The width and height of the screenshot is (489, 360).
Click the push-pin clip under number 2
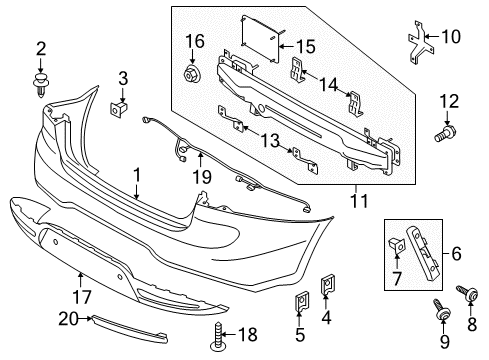[x=41, y=86]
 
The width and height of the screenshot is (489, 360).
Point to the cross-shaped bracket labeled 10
[x=421, y=42]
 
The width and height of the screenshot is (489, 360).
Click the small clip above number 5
[x=302, y=302]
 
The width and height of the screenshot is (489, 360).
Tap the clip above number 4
[x=328, y=285]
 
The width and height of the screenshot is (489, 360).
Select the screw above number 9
[x=441, y=309]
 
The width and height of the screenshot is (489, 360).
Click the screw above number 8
[x=467, y=292]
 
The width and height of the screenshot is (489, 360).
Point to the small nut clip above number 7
[x=397, y=246]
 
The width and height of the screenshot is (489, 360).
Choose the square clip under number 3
[x=119, y=108]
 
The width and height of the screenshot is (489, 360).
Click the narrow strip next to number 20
[x=129, y=329]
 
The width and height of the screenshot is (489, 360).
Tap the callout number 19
[x=202, y=176]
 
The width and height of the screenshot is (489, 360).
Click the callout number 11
[x=359, y=201]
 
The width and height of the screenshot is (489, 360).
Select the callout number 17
[x=82, y=297]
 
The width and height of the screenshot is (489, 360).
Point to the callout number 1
[x=137, y=175]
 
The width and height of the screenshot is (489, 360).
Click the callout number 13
[x=270, y=140]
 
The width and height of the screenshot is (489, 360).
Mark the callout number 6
[x=456, y=253]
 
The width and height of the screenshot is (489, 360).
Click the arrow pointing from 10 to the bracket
[x=432, y=37]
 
